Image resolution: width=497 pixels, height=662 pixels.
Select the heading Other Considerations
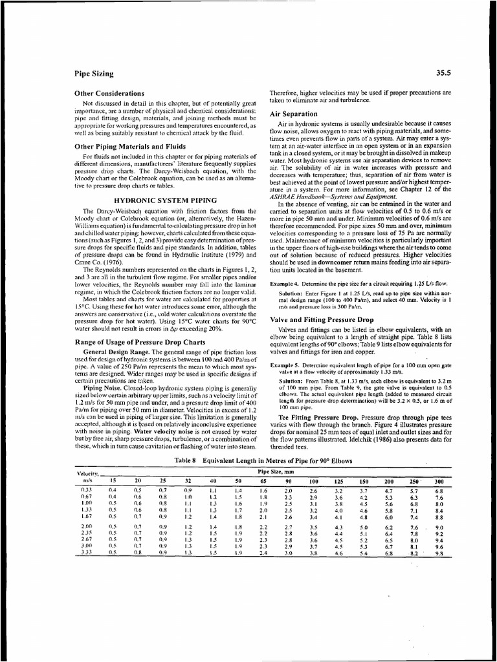109,94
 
